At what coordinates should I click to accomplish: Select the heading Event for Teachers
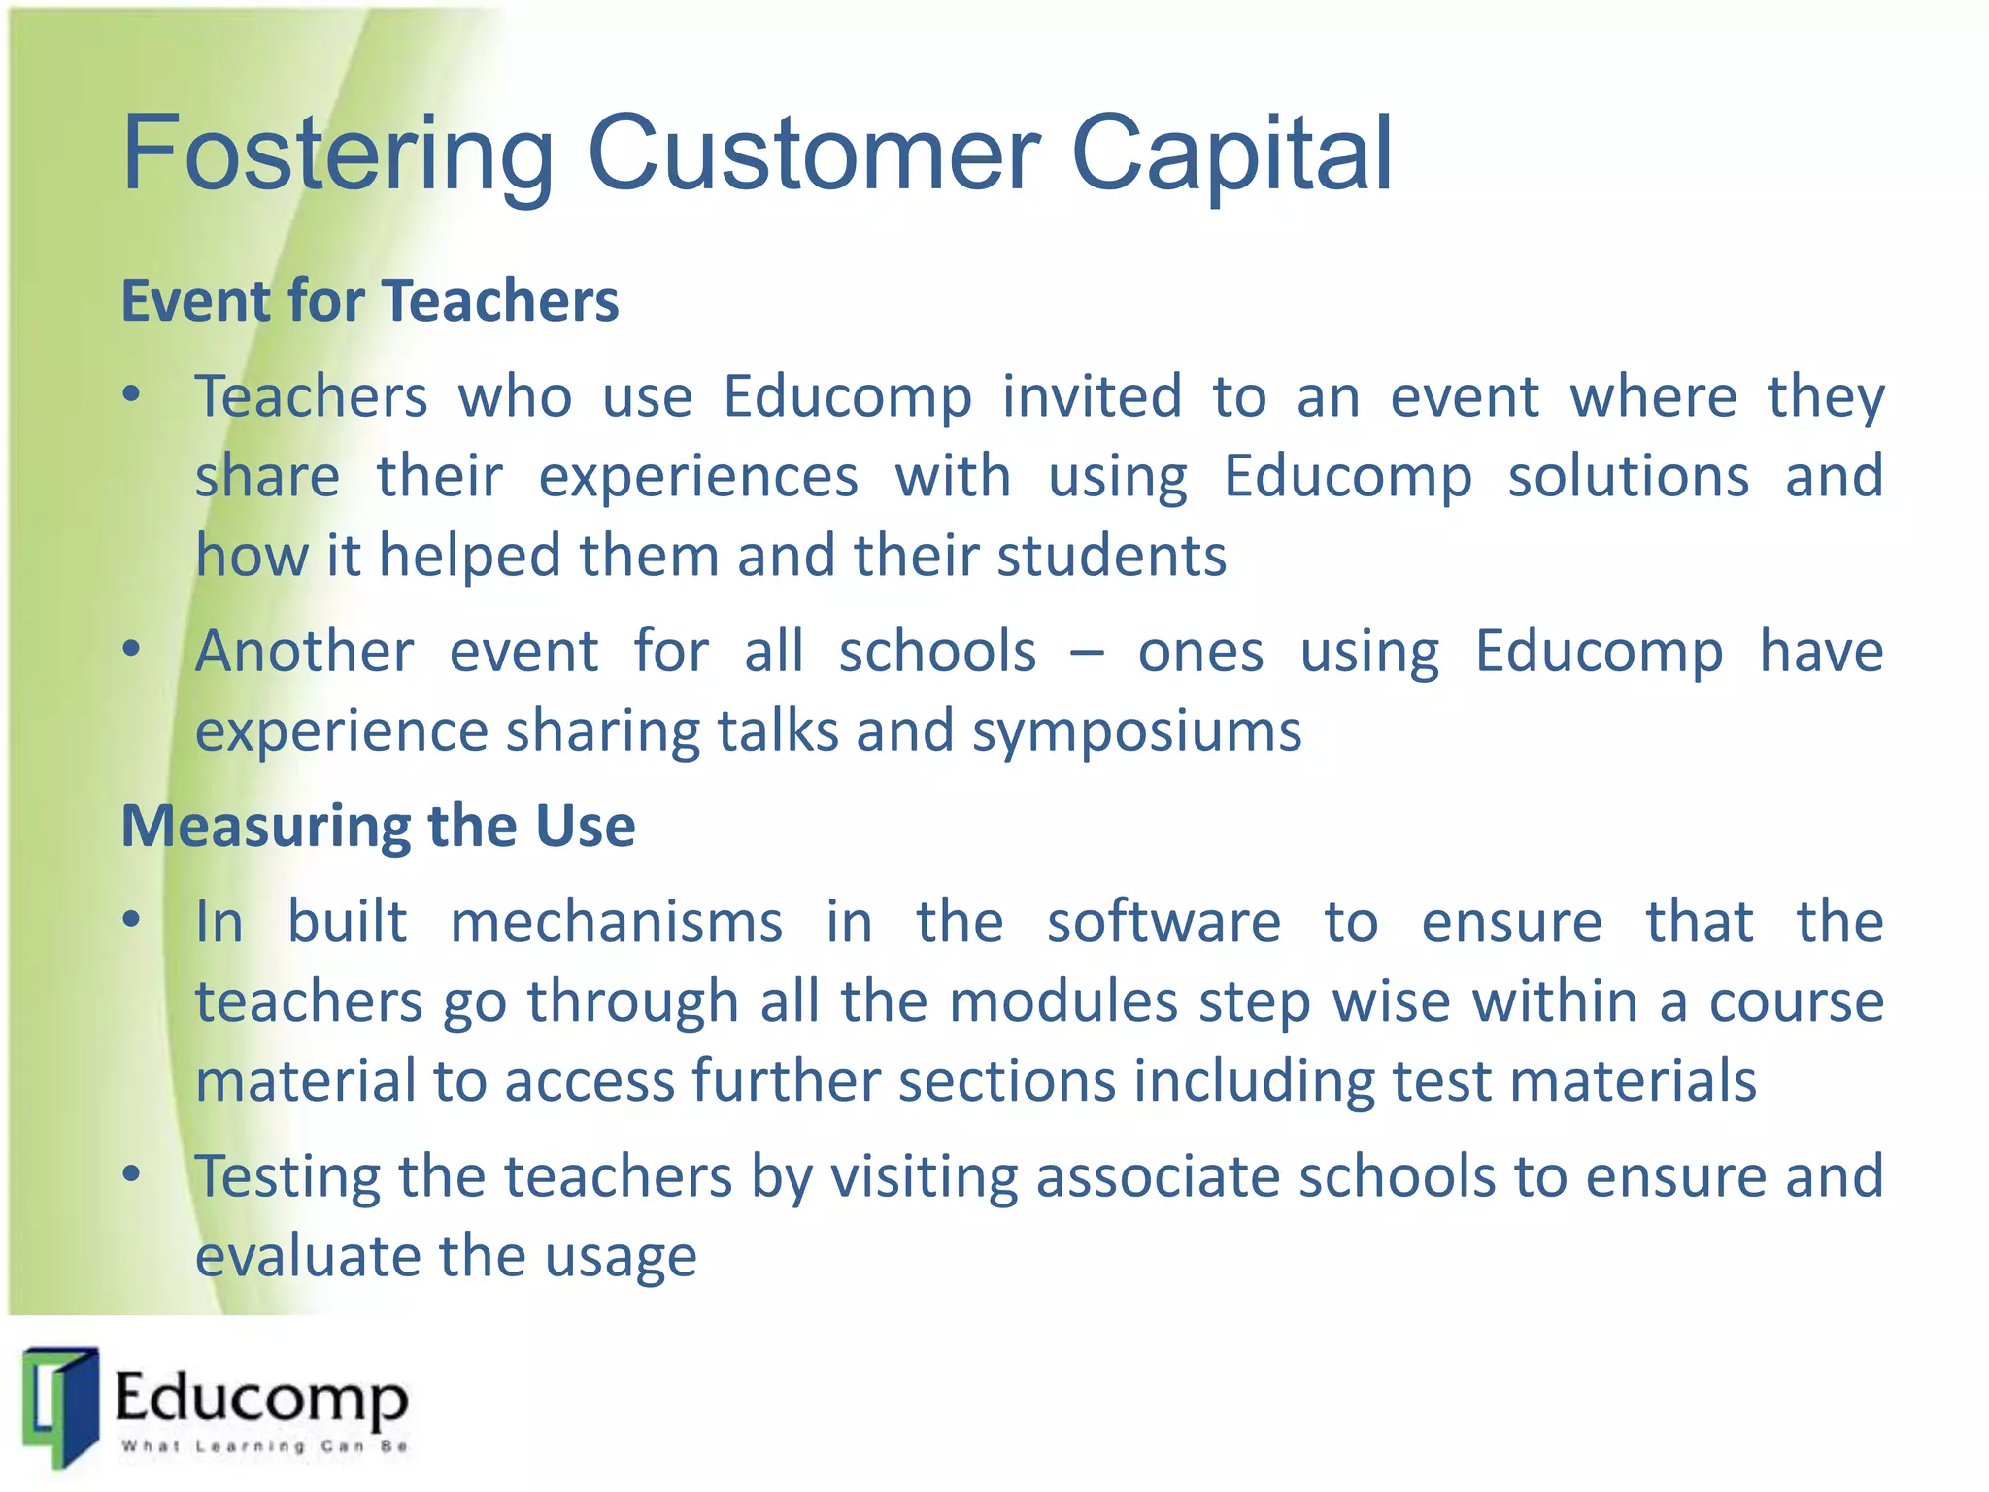[369, 300]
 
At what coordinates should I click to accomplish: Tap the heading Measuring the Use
[378, 827]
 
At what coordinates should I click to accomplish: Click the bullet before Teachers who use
[132, 395]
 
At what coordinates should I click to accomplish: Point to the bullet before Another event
[132, 650]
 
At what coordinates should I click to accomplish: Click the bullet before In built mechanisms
[132, 921]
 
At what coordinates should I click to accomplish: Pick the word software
[1163, 923]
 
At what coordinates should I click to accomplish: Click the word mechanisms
[616, 923]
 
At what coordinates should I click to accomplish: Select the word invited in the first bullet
[1092, 396]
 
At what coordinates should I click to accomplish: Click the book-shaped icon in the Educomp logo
[61, 1407]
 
